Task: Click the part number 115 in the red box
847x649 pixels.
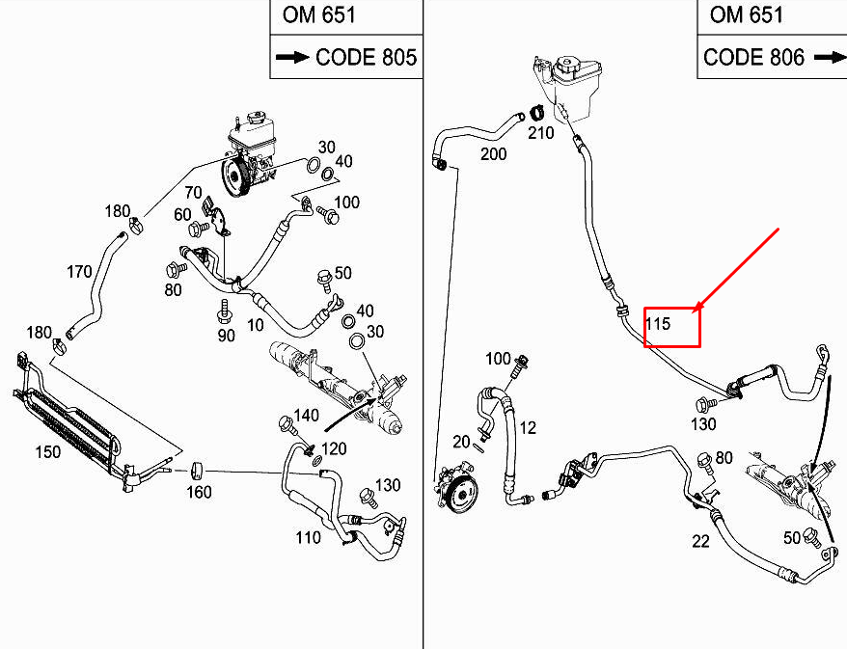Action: pos(659,324)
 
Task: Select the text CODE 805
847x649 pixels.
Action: pos(366,57)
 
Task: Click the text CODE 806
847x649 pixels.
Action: pos(753,57)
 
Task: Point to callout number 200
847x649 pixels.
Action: pos(493,154)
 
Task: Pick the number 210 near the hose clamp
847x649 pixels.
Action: pos(541,133)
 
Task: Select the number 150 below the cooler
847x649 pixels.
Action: pos(47,451)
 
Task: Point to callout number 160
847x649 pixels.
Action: pos(198,491)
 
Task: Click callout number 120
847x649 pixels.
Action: pos(334,449)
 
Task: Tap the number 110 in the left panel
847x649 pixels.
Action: pos(309,537)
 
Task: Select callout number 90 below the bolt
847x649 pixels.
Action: pos(226,336)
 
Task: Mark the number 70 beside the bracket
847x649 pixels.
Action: pos(193,192)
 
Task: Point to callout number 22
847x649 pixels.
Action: pos(700,541)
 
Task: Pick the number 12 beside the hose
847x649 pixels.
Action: pos(527,427)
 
